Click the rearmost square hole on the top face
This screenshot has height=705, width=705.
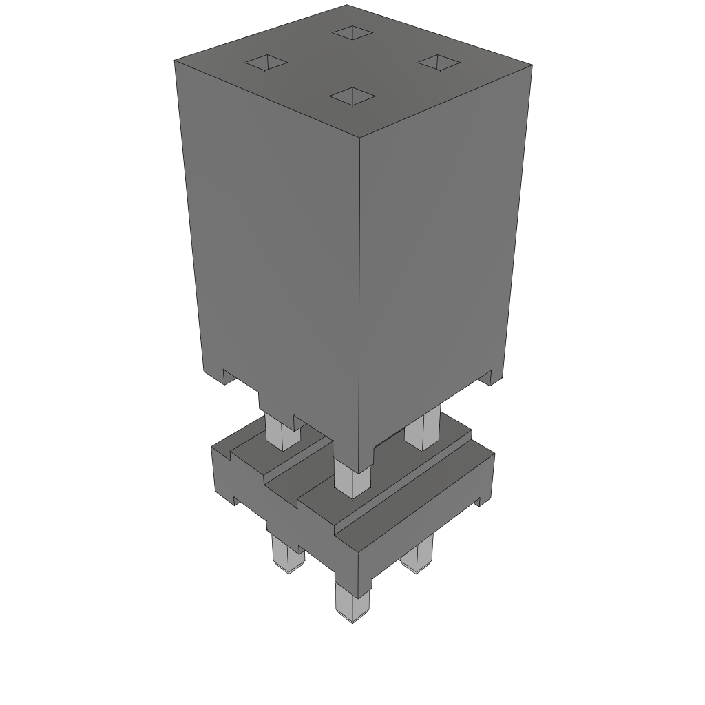(352, 32)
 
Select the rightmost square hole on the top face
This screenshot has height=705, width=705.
(438, 62)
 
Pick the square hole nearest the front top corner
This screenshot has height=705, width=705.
(352, 96)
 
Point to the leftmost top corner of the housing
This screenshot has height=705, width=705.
(175, 61)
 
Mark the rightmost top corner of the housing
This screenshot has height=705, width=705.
(532, 65)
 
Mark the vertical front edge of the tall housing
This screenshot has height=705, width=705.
(360, 296)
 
